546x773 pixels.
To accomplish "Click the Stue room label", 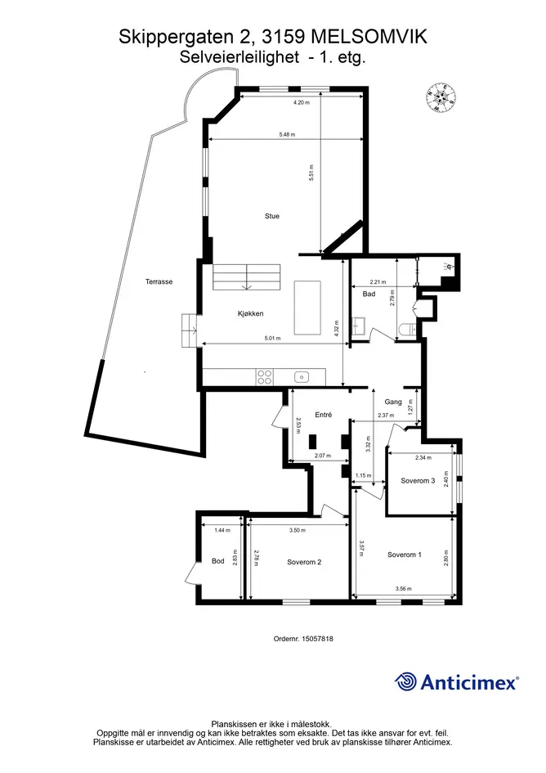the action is coord(272,216).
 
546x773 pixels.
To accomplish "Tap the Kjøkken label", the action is coord(250,313).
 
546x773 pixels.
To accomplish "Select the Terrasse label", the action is coord(159,282).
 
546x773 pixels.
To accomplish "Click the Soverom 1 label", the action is coord(404,555).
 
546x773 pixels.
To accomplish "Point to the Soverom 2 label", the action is coord(304,562).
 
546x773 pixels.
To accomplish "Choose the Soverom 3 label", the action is coord(418,481).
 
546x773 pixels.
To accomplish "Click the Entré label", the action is coord(323,415).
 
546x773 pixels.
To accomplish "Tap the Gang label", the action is coord(393,402).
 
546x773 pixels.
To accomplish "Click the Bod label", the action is coord(217,561).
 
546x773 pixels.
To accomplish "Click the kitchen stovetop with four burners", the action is coord(265,377).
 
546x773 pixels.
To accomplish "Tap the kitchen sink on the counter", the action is coord(302,377).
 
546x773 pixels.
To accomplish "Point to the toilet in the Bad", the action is coord(406,330).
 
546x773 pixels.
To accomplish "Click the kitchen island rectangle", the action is coord(308,308).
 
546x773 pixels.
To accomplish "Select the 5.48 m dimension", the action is coord(287,135).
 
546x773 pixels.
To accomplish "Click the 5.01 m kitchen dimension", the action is coord(272,338).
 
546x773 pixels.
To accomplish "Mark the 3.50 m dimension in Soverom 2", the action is coord(298,530).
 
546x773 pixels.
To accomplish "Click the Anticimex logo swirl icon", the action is coord(405,682).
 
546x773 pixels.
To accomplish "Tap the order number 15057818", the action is coord(318,639).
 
